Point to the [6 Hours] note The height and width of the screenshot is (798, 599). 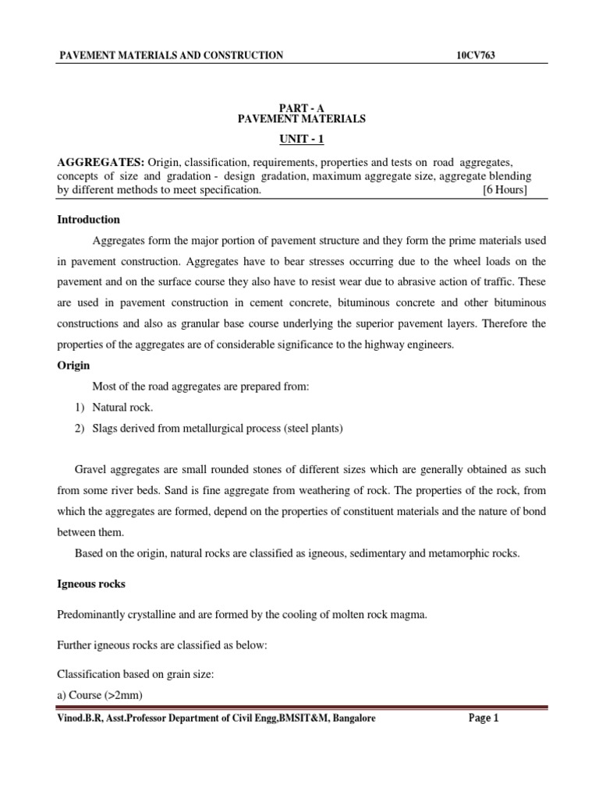click(505, 190)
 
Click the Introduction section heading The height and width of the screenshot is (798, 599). click(89, 220)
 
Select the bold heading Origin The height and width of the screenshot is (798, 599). click(74, 365)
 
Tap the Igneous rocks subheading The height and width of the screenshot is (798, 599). click(92, 583)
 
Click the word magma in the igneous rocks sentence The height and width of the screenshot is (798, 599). click(410, 615)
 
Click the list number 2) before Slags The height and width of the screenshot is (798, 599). click(80, 428)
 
